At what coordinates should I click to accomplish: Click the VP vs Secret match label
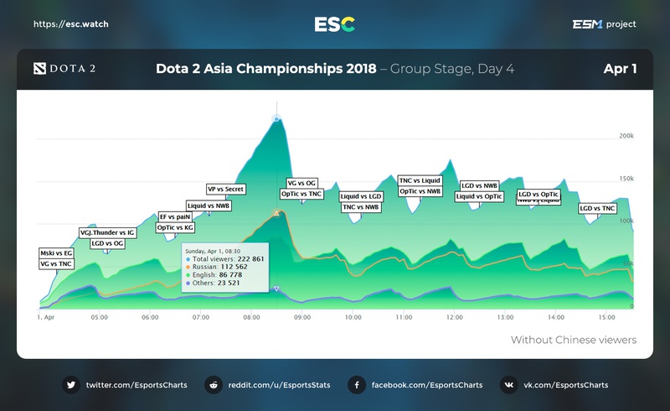point(226,190)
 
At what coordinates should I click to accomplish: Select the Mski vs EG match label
point(56,252)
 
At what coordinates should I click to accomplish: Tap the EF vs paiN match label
point(175,216)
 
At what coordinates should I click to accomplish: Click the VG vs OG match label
point(301,183)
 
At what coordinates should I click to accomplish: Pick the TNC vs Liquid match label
point(419,180)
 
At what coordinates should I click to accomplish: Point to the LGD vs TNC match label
point(598,208)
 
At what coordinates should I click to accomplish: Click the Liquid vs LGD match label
point(360,196)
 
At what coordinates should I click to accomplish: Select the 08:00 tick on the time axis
point(251,318)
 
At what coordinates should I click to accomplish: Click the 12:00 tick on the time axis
point(454,318)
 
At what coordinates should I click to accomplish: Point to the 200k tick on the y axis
point(625,135)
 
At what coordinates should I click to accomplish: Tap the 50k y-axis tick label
point(626,263)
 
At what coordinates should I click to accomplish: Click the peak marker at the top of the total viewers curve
point(276,119)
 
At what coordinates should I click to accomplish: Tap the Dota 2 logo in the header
point(64,69)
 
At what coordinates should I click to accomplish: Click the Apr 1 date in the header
point(619,69)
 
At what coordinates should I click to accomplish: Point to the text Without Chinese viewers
point(574,340)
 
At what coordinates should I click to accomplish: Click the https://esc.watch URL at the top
point(70,24)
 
